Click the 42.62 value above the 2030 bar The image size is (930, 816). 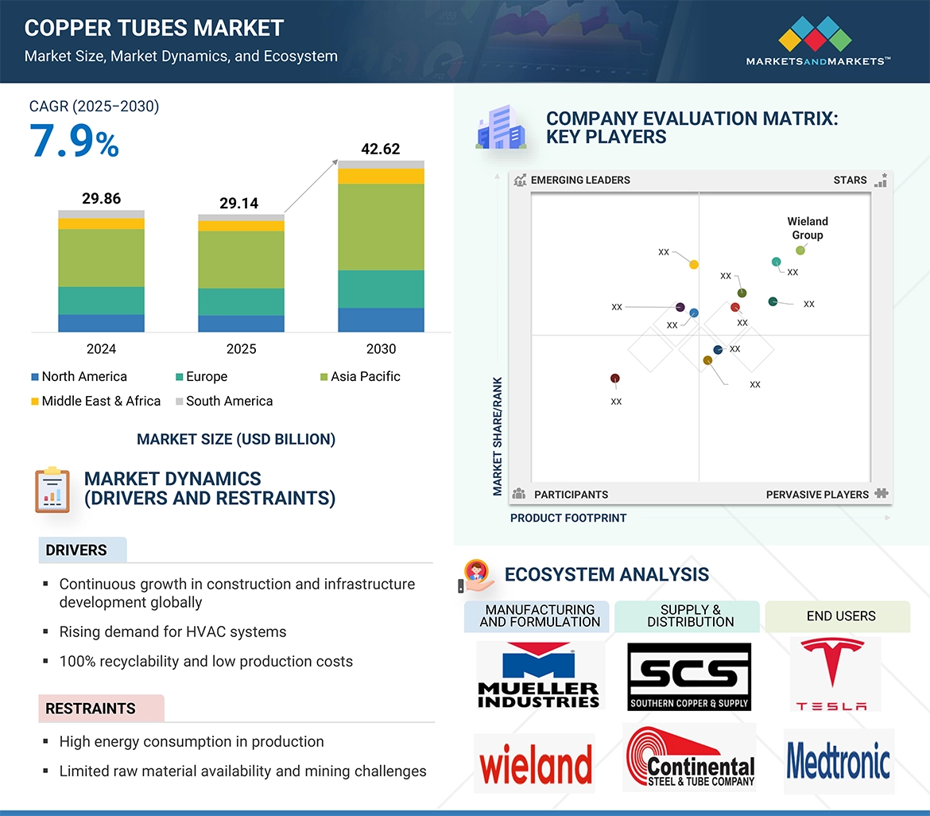click(380, 149)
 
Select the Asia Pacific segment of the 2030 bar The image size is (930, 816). click(381, 227)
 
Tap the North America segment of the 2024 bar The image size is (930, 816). click(101, 323)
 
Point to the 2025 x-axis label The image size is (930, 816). click(241, 349)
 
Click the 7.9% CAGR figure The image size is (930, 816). click(74, 142)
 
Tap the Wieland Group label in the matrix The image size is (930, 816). click(807, 228)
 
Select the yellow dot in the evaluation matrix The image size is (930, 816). click(694, 264)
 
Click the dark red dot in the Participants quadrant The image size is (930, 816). click(614, 379)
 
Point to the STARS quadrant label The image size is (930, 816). click(850, 180)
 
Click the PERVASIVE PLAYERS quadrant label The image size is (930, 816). click(817, 494)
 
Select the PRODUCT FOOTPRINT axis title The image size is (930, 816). click(568, 518)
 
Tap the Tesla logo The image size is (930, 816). click(831, 674)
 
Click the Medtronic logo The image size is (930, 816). click(839, 761)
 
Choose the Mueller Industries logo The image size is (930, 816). click(540, 675)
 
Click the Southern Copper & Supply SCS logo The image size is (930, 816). click(689, 677)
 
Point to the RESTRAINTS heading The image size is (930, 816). click(91, 709)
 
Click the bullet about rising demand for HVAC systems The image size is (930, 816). click(172, 631)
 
